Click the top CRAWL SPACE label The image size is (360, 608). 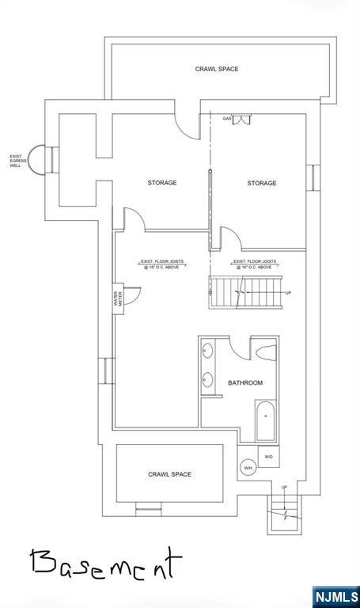coord(217,70)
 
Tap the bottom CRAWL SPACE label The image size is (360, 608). coord(169,475)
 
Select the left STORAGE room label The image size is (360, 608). coord(161,183)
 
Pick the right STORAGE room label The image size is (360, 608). coord(261,183)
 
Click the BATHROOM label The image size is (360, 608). coord(245,383)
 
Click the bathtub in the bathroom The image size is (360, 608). coord(265,420)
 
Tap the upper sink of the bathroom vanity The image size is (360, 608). coord(208,349)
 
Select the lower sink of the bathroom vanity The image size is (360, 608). coord(208,378)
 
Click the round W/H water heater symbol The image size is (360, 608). coord(248,467)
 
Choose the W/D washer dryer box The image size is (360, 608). coord(268,457)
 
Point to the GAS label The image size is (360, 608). coord(227,119)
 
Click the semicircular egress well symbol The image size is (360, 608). coord(38,161)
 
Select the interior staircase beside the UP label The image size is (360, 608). coord(245,294)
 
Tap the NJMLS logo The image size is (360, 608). coord(335,596)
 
